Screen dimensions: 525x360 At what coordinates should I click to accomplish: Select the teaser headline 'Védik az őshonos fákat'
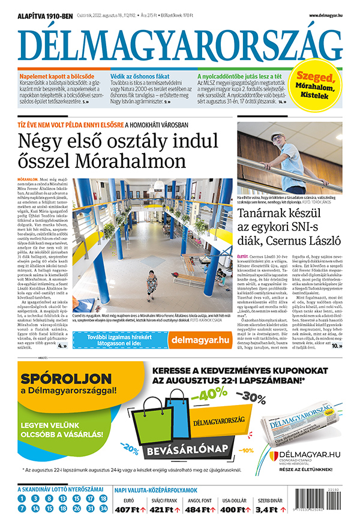click(140, 77)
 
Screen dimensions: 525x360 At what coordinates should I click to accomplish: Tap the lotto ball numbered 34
click(103, 508)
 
